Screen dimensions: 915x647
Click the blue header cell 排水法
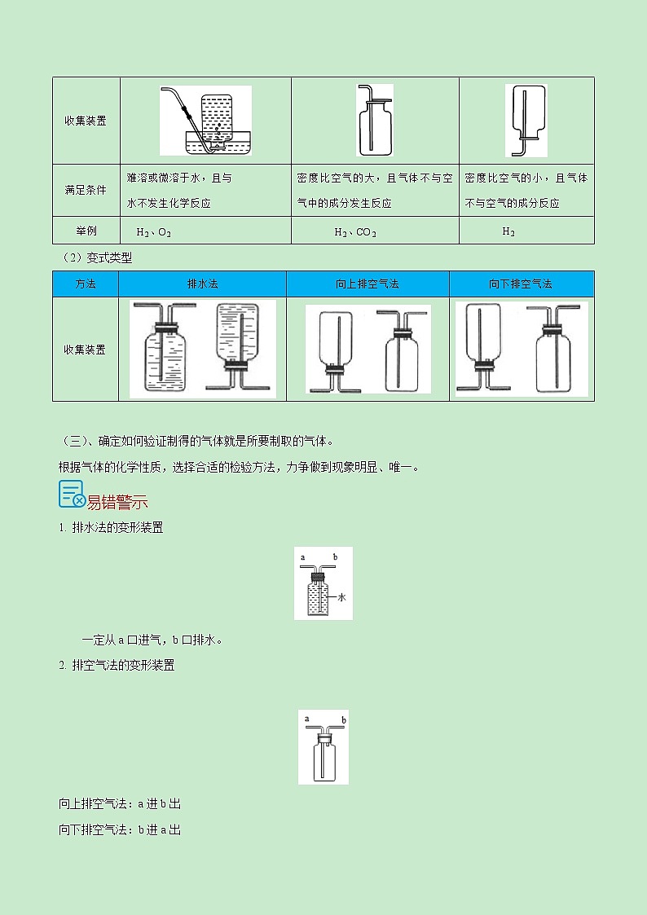coord(202,284)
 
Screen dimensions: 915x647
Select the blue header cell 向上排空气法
coord(367,284)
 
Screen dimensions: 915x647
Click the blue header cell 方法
coord(86,284)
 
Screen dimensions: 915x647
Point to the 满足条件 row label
coord(86,190)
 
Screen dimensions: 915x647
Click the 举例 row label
coord(86,231)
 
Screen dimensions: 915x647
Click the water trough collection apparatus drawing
coord(205,121)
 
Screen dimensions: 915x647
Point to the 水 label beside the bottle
coord(342,597)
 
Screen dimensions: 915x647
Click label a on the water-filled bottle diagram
coord(302,557)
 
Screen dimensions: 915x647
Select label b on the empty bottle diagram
coord(344,721)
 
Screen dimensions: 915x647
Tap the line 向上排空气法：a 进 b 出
coord(120,803)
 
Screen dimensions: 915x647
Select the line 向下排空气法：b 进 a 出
coord(120,829)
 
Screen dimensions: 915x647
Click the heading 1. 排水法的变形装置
coord(111,527)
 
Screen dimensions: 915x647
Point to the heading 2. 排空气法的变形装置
coord(117,665)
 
